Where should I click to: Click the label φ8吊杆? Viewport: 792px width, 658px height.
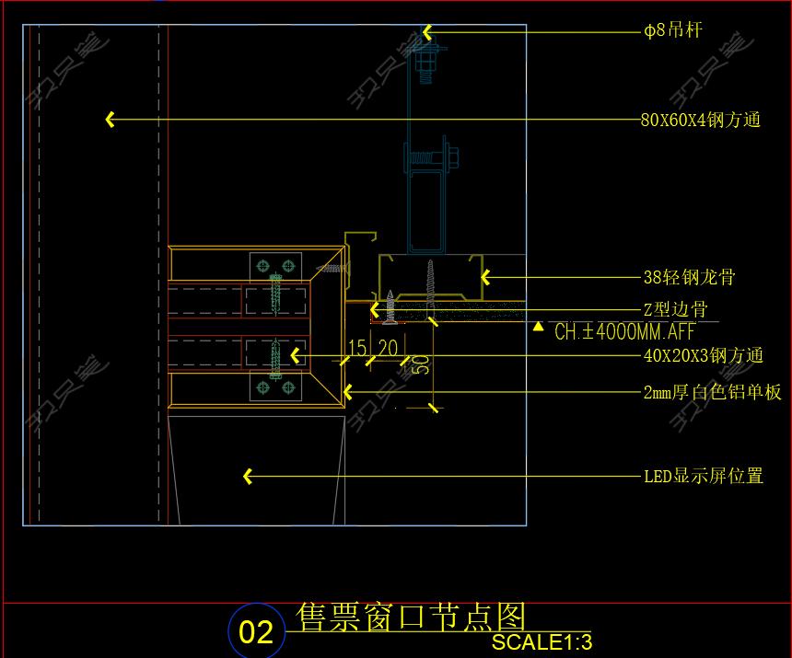tap(672, 31)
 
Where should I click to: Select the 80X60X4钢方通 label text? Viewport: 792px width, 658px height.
tap(700, 120)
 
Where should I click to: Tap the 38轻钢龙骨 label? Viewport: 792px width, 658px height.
tap(689, 277)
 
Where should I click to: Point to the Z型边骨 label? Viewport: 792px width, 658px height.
tap(675, 309)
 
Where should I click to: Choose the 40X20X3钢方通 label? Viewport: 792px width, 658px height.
tap(703, 355)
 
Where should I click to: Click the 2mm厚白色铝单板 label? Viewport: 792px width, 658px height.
tap(712, 393)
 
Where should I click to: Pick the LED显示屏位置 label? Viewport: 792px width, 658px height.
tap(704, 476)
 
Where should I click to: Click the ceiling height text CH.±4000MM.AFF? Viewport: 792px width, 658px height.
tap(624, 332)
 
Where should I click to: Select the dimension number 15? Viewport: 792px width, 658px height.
tap(357, 348)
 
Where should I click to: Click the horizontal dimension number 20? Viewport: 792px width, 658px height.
tap(388, 348)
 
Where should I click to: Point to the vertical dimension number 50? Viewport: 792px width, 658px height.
tap(421, 364)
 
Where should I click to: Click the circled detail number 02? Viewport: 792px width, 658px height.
tap(256, 631)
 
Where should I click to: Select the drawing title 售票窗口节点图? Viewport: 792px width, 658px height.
tap(411, 616)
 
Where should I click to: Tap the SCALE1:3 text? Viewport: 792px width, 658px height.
tap(542, 641)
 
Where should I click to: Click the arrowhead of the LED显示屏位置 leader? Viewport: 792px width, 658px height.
tap(247, 476)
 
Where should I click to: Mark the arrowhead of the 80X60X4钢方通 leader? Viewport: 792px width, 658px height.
tap(110, 120)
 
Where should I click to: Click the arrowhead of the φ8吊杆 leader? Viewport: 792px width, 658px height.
tap(427, 32)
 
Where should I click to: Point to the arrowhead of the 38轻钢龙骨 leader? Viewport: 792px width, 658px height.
tap(485, 276)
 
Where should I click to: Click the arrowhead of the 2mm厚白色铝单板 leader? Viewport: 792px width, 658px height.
tap(347, 392)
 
